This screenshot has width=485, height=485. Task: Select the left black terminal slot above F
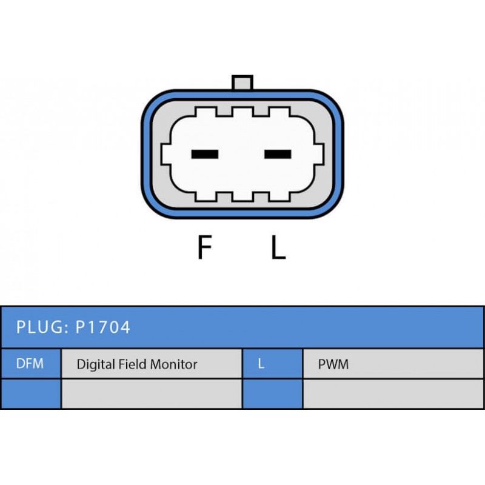204,154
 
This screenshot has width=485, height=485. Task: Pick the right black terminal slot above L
278,154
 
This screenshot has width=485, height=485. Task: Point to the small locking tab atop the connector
242,82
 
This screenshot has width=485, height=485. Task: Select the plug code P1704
102,328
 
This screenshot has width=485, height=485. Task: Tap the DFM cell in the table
30,364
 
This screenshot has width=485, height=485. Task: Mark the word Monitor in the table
176,364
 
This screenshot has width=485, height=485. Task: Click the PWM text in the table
333,364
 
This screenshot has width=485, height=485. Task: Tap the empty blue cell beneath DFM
30,394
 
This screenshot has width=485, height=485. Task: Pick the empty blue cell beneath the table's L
272,394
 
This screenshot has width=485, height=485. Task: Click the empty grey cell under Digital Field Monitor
151,394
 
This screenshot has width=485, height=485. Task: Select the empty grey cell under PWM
393,394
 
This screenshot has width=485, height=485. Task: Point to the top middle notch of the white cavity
242,113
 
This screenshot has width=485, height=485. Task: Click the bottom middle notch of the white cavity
242,196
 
